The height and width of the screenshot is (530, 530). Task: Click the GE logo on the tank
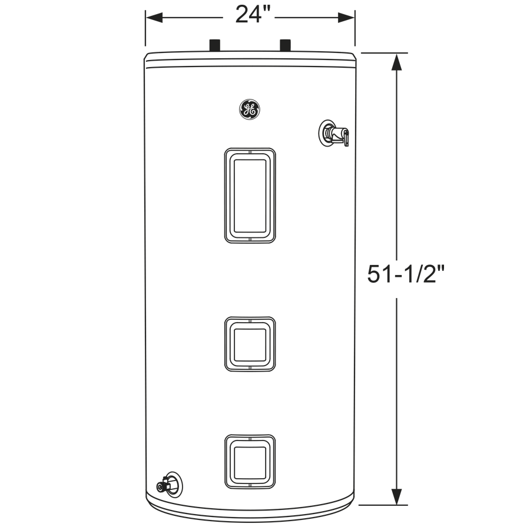249,110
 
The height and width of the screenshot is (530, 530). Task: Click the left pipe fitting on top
215,45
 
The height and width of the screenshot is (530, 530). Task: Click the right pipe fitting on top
286,45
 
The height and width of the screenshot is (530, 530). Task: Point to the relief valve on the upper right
332,133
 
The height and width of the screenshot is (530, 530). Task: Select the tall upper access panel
250,195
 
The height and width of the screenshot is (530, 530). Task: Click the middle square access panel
250,344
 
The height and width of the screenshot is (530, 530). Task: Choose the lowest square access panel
250,462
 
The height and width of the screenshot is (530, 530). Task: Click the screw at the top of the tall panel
250,152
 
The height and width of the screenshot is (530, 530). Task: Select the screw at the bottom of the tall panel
250,239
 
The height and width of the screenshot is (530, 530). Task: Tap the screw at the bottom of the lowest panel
250,485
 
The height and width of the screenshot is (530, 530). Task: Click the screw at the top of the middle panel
250,321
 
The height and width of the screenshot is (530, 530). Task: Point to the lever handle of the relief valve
346,138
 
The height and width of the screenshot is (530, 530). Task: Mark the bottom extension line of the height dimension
383,505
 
